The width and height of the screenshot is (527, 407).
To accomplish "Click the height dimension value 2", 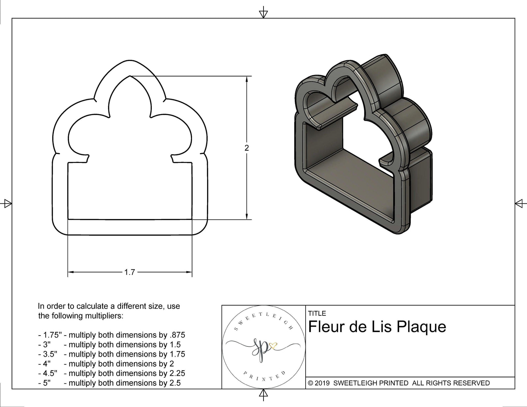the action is tap(247, 148).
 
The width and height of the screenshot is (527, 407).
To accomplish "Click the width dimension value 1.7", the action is tap(129, 272).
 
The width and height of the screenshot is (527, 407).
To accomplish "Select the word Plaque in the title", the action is tap(421, 327).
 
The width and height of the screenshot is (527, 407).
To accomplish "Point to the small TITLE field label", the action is tap(317, 314).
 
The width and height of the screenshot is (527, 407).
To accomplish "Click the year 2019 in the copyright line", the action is tap(322, 383).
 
